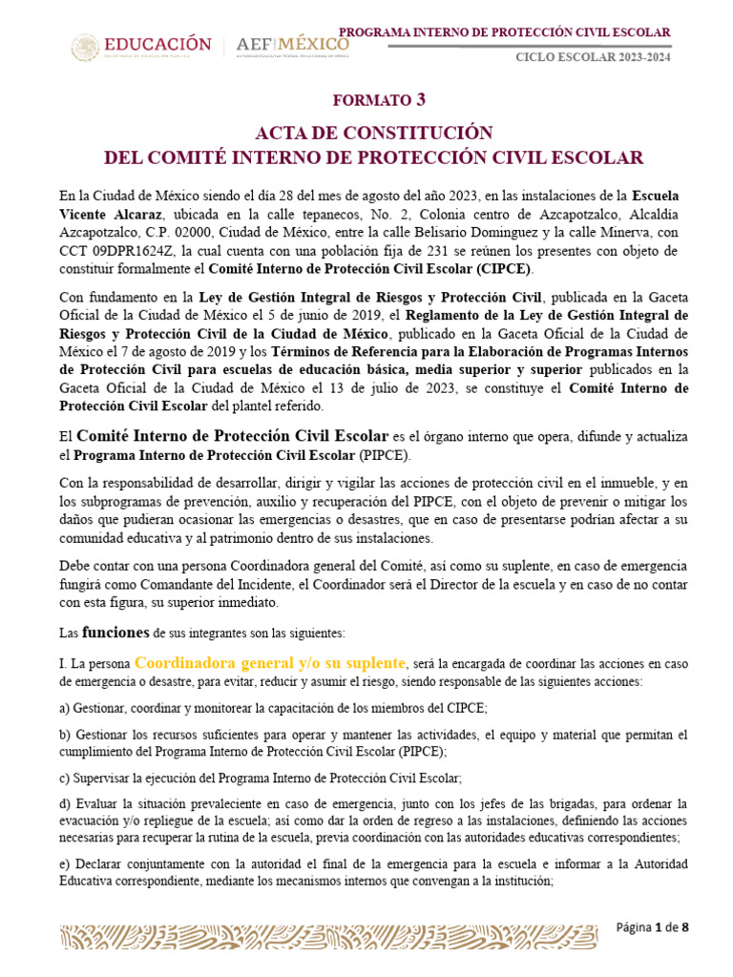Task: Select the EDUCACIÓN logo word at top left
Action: click(157, 44)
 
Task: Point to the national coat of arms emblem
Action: click(85, 47)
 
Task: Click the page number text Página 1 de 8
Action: click(652, 927)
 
